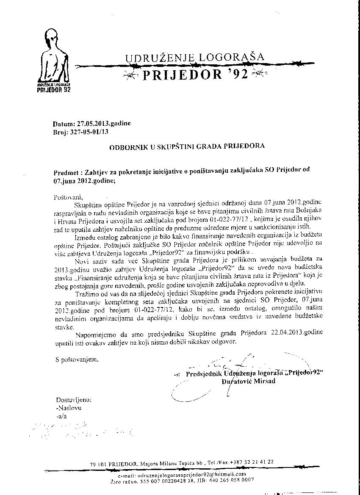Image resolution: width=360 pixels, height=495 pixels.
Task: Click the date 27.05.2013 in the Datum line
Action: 96,124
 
